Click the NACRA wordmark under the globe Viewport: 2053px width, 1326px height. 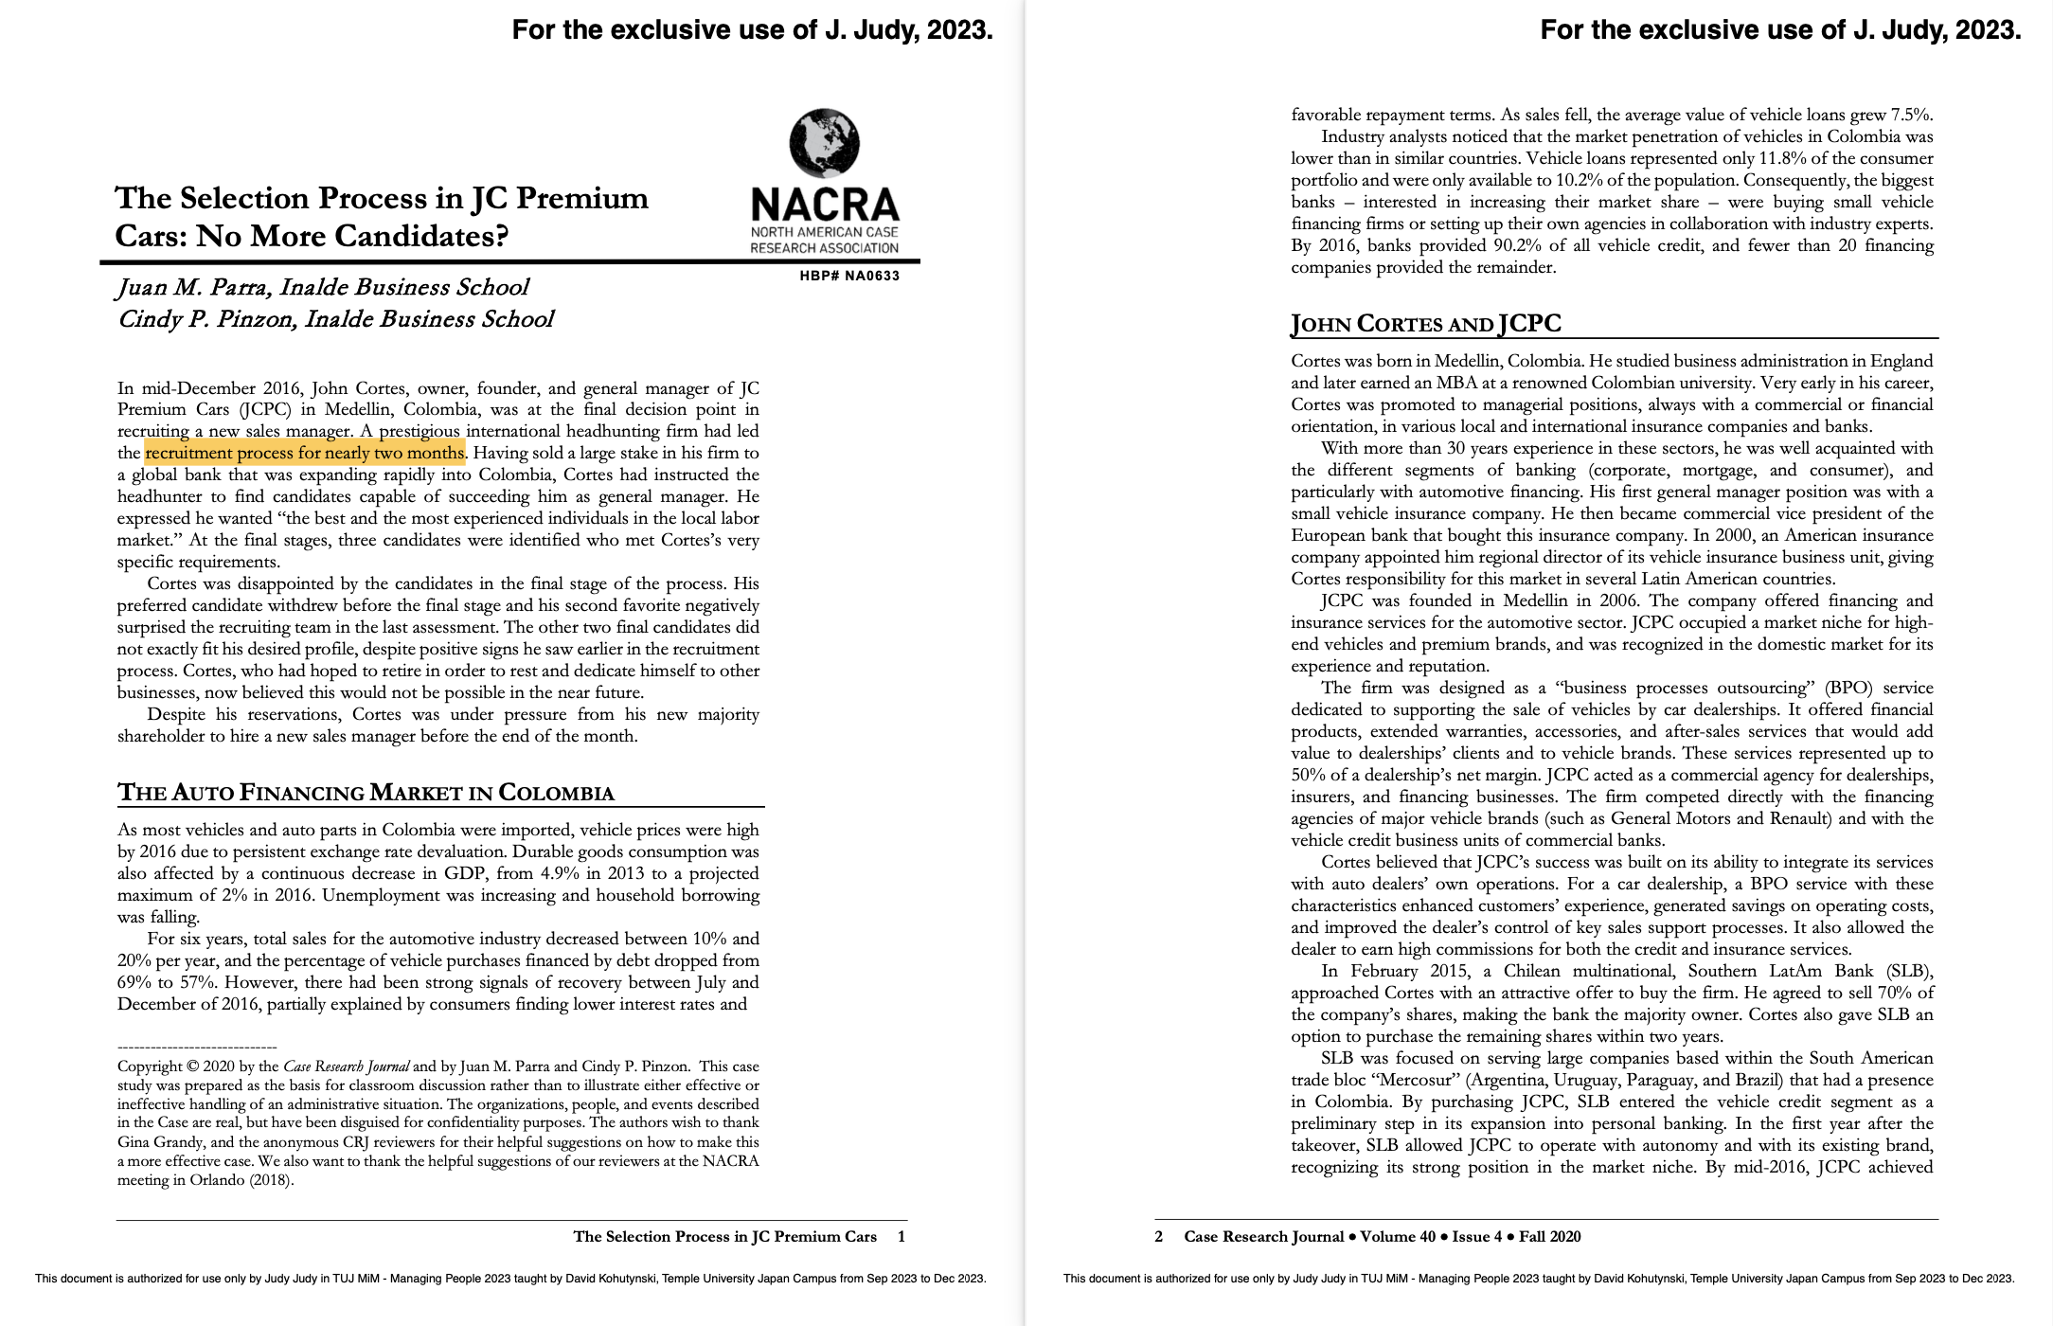click(824, 204)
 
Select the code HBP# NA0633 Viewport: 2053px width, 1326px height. click(849, 276)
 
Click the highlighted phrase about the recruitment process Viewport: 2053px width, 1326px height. click(305, 453)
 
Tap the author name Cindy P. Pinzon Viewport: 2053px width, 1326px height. click(208, 319)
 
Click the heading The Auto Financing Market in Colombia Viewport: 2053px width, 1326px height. click(366, 793)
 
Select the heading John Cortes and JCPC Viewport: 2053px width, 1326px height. click(1425, 324)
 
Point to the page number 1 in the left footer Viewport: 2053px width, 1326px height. click(902, 1236)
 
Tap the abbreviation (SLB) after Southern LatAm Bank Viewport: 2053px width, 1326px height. click(1908, 971)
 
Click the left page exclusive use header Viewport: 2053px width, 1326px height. click(752, 30)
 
